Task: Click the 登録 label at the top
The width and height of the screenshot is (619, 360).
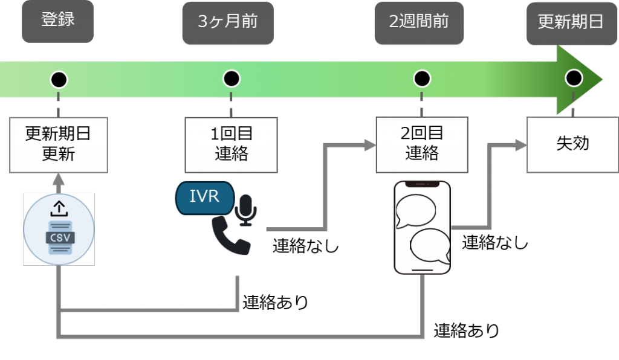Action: [x=58, y=21]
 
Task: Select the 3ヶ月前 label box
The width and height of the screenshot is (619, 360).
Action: [x=228, y=22]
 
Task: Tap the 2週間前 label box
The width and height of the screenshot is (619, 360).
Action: [x=419, y=22]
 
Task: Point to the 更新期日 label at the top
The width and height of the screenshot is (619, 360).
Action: [x=571, y=22]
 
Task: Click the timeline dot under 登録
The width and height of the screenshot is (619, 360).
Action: [x=59, y=79]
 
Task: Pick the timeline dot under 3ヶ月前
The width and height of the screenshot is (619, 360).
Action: [x=231, y=79]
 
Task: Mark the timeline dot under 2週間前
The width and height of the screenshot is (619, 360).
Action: [x=421, y=79]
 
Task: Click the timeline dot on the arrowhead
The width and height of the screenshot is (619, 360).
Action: [x=573, y=78]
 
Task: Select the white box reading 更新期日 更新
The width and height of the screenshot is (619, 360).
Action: [x=58, y=144]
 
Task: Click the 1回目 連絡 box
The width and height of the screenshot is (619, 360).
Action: [x=231, y=144]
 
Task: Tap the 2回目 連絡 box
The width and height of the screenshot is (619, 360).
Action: [x=421, y=144]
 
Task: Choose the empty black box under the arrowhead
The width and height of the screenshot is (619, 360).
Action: [x=572, y=145]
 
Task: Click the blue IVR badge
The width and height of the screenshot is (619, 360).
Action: [x=204, y=197]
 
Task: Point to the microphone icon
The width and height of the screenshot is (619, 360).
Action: [x=246, y=209]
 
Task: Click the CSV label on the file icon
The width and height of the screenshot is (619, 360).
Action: [x=60, y=237]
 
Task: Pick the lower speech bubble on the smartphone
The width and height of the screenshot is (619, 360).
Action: [x=430, y=246]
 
